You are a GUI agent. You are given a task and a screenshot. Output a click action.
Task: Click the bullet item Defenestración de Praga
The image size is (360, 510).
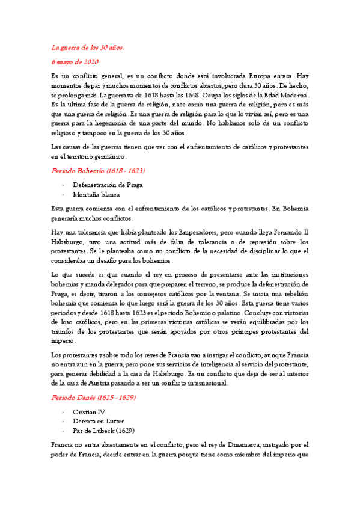click(x=108, y=185)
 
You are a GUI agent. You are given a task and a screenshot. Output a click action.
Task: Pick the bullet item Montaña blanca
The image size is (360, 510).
click(x=96, y=194)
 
